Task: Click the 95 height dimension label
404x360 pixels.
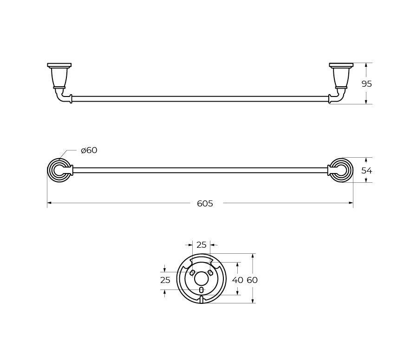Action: point(367,84)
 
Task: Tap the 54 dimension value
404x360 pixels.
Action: point(367,170)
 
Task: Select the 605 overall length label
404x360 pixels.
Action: point(205,204)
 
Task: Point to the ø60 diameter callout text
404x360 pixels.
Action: point(89,150)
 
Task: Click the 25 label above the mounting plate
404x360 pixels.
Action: point(202,245)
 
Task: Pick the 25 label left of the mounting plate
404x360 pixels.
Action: point(165,280)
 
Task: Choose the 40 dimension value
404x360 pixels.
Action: point(238,280)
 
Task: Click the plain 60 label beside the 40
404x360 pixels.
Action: point(252,280)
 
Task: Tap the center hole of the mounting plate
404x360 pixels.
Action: point(202,279)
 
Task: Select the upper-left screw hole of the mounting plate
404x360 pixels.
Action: point(192,272)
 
